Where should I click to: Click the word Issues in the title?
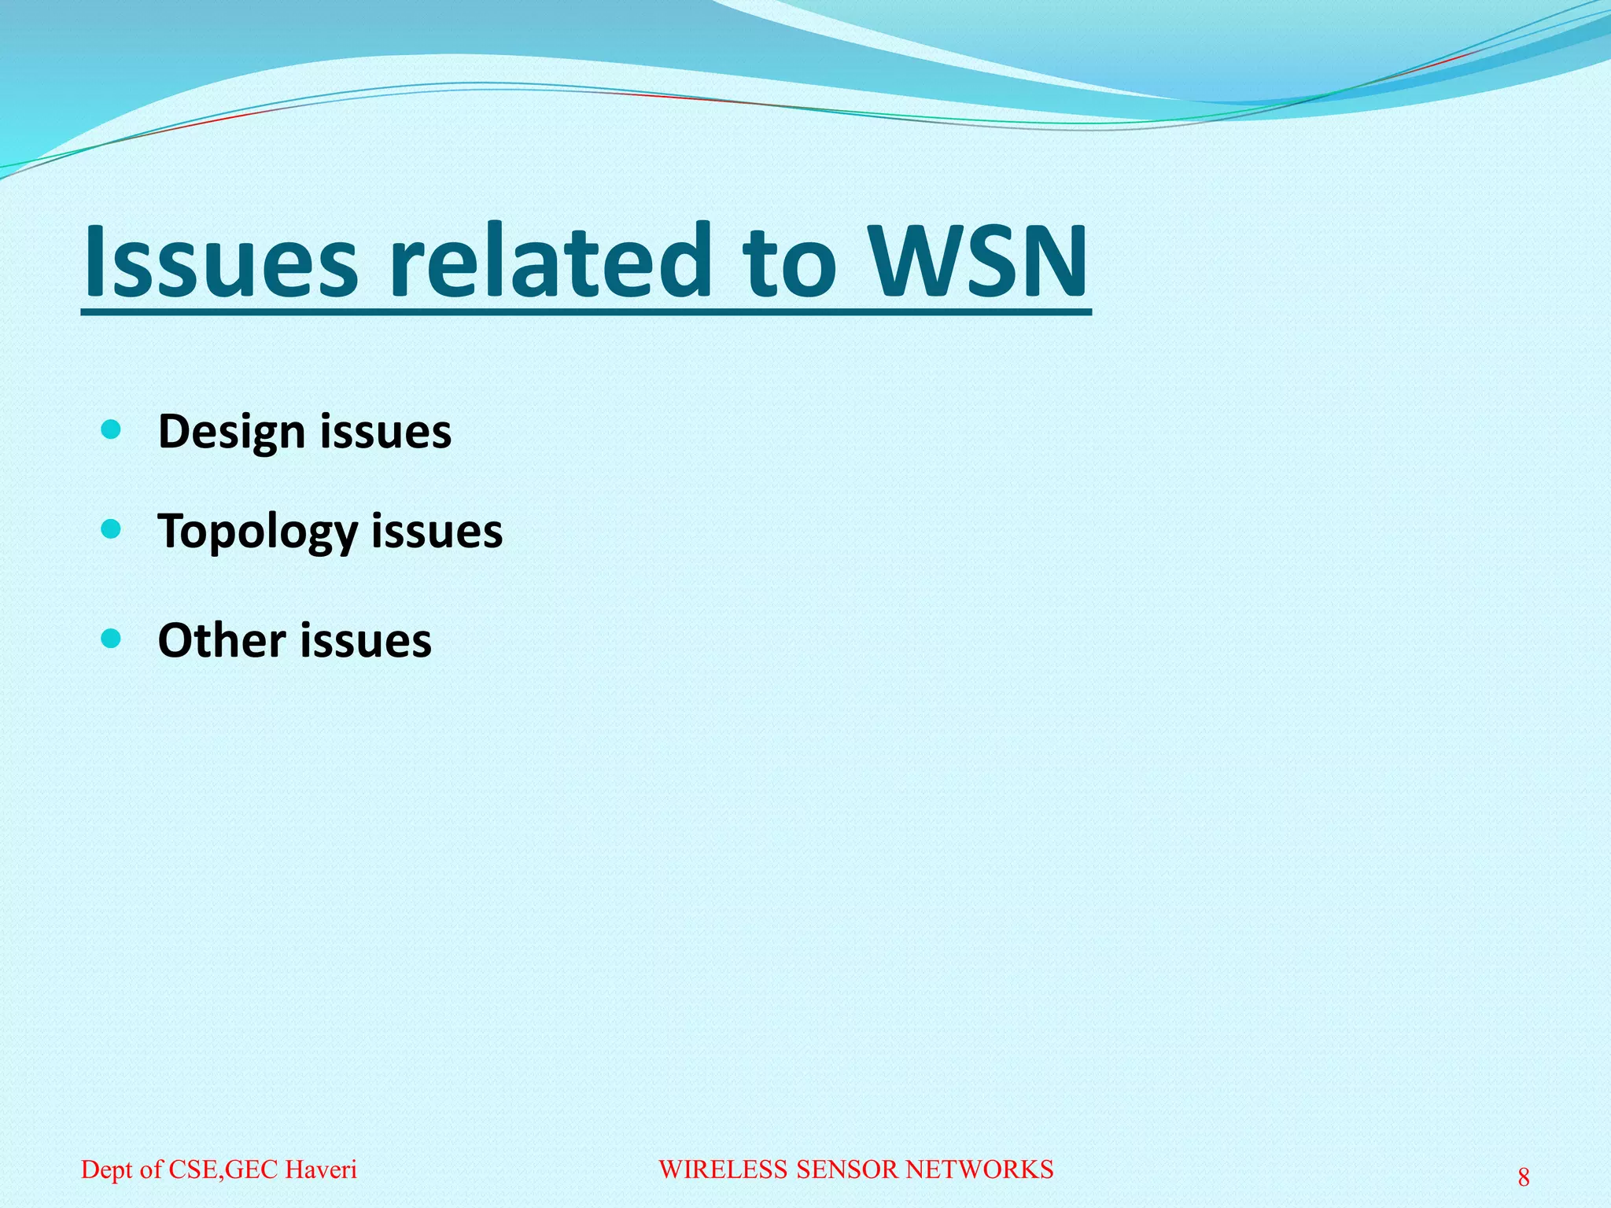(221, 261)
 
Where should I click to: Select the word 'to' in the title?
(791, 261)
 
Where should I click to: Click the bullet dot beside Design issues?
(112, 429)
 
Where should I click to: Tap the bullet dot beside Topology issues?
(112, 529)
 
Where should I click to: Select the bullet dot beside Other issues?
(112, 638)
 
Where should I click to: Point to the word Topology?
(258, 532)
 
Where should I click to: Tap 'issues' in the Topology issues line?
(437, 531)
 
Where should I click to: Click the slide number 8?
(1524, 1177)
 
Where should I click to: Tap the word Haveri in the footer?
(321, 1169)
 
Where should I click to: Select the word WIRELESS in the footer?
(723, 1169)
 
